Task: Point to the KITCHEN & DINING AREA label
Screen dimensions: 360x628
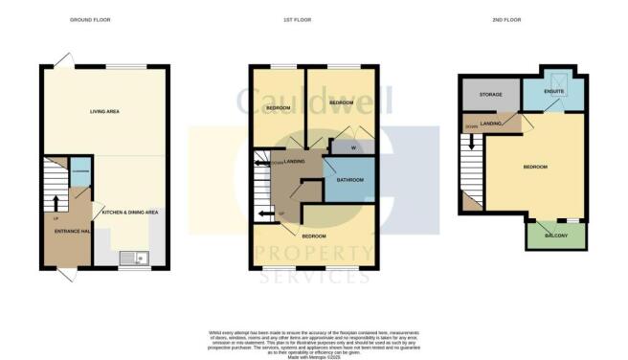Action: [x=131, y=213]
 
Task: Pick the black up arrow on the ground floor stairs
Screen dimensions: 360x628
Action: [x=56, y=202]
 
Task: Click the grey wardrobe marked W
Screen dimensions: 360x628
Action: [x=341, y=148]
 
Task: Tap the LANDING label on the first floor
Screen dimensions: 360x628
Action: [x=295, y=163]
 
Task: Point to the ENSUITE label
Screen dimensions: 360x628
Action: [x=553, y=93]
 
